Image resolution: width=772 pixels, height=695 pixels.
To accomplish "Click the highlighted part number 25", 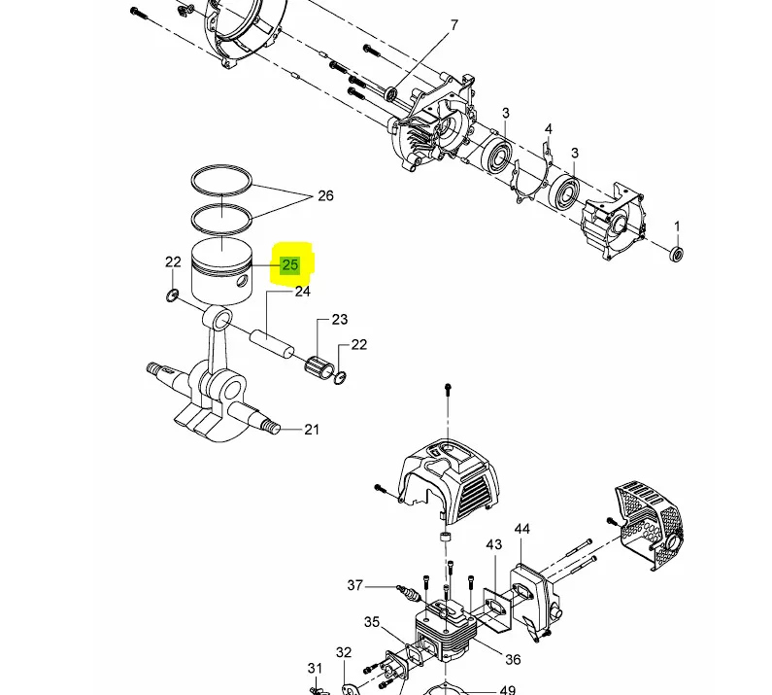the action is pyautogui.click(x=290, y=264).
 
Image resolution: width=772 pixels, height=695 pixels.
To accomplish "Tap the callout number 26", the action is pyautogui.click(x=325, y=195).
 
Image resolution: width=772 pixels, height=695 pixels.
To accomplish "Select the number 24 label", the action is pyautogui.click(x=302, y=292).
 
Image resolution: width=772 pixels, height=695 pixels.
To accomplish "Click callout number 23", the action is pyautogui.click(x=340, y=320).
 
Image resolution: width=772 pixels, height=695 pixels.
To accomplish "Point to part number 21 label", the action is pyautogui.click(x=312, y=430).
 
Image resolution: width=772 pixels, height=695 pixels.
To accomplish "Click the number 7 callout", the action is pyautogui.click(x=453, y=24).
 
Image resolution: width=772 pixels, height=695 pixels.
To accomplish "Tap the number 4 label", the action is pyautogui.click(x=549, y=129).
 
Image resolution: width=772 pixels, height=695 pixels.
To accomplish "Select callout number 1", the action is pyautogui.click(x=677, y=226).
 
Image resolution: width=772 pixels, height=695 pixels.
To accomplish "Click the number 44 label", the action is pyautogui.click(x=521, y=529).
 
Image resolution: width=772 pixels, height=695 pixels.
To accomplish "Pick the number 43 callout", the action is pyautogui.click(x=494, y=544).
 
